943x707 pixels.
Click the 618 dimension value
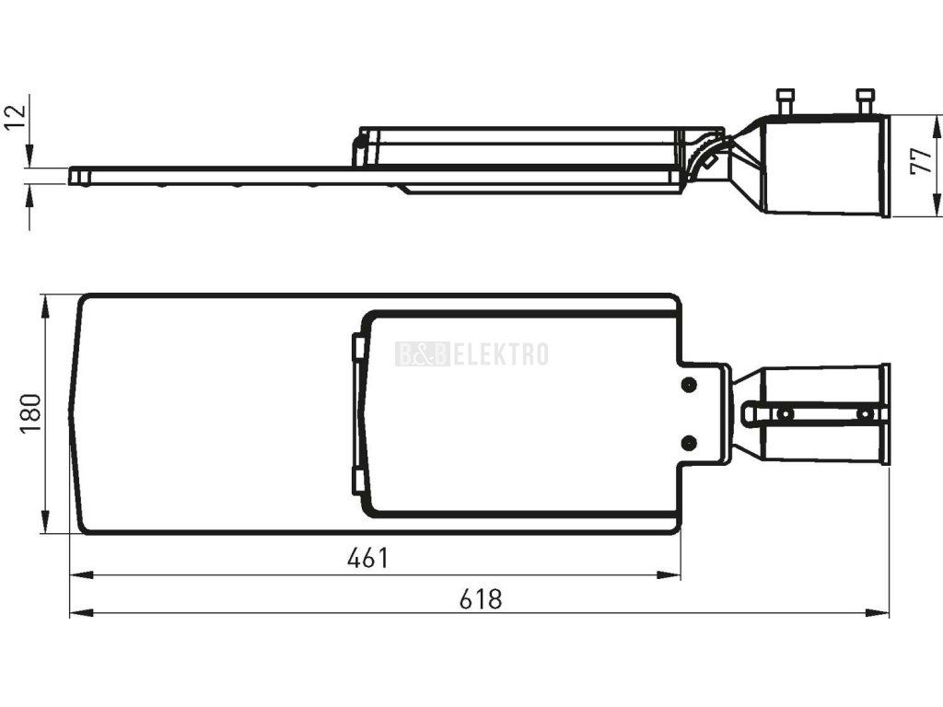(481, 598)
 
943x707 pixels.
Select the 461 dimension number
(368, 558)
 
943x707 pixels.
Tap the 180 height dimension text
(30, 413)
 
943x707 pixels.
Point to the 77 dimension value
(921, 162)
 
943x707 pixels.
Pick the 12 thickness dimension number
(16, 117)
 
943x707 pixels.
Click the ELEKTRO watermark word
(500, 354)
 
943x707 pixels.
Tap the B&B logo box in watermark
(422, 354)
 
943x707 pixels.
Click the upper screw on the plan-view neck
(689, 384)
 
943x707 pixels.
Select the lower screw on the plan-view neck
(689, 443)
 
